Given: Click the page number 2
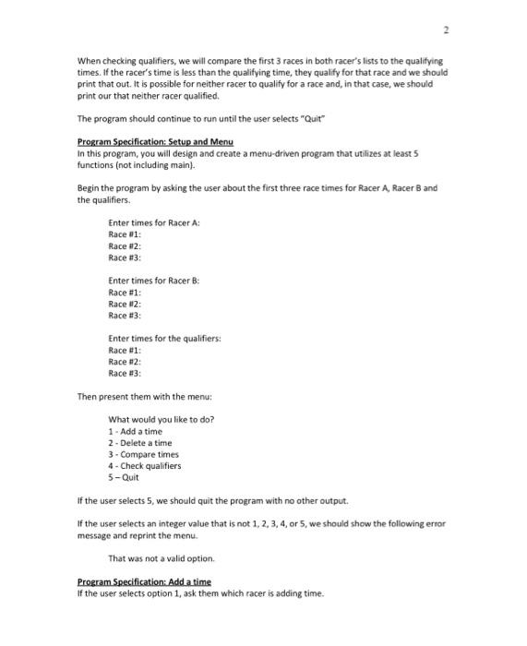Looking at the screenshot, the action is pyautogui.click(x=446, y=30).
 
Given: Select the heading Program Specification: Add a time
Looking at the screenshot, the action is pyautogui.click(x=144, y=581).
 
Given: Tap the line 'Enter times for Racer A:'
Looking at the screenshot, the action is pyautogui.click(x=153, y=224).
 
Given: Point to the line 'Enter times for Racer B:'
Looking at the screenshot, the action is pyautogui.click(x=153, y=281).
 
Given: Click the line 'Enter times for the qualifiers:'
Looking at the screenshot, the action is pyautogui.click(x=164, y=338).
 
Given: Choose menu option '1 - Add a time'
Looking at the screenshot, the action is pyautogui.click(x=135, y=432).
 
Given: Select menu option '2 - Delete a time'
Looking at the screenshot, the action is pyautogui.click(x=139, y=443).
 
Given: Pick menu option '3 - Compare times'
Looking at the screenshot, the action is pyautogui.click(x=143, y=454).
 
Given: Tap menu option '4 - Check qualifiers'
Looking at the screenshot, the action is pyautogui.click(x=145, y=466).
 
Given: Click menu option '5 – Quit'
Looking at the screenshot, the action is pyautogui.click(x=124, y=477).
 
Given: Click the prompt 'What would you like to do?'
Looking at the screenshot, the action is pyautogui.click(x=161, y=420).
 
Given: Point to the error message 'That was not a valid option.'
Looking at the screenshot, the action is pyautogui.click(x=161, y=558).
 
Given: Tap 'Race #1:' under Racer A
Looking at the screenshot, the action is pyautogui.click(x=124, y=235).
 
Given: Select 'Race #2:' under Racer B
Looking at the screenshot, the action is pyautogui.click(x=124, y=304).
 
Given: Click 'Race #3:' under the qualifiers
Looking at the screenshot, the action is pyautogui.click(x=124, y=373).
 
